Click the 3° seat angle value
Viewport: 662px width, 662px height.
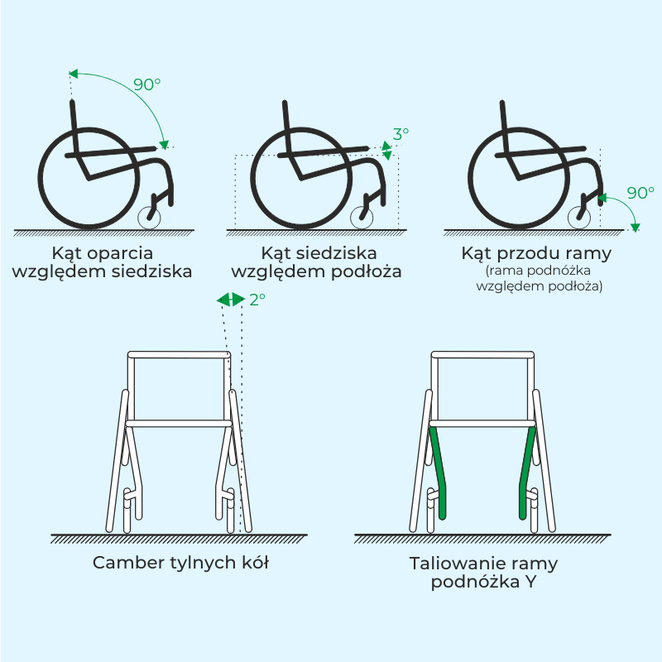point(401,134)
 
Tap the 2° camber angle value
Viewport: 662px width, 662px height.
point(257,300)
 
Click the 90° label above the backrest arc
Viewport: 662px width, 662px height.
point(147,84)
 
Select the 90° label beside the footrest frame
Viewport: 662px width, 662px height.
point(640,193)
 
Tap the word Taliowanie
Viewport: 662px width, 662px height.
point(452,563)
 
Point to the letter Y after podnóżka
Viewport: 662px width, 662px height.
point(530,582)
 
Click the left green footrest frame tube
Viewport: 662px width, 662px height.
point(439,473)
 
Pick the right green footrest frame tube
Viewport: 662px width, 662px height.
point(525,473)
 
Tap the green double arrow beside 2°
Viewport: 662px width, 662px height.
point(231,300)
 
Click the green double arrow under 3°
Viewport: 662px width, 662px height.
point(386,151)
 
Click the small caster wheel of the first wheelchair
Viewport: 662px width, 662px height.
point(149,218)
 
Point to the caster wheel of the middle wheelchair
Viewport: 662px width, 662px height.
point(362,218)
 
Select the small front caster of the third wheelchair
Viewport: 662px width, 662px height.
point(579,218)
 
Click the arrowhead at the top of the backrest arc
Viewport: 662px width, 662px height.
point(74,74)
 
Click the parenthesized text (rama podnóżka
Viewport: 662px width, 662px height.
point(538,271)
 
